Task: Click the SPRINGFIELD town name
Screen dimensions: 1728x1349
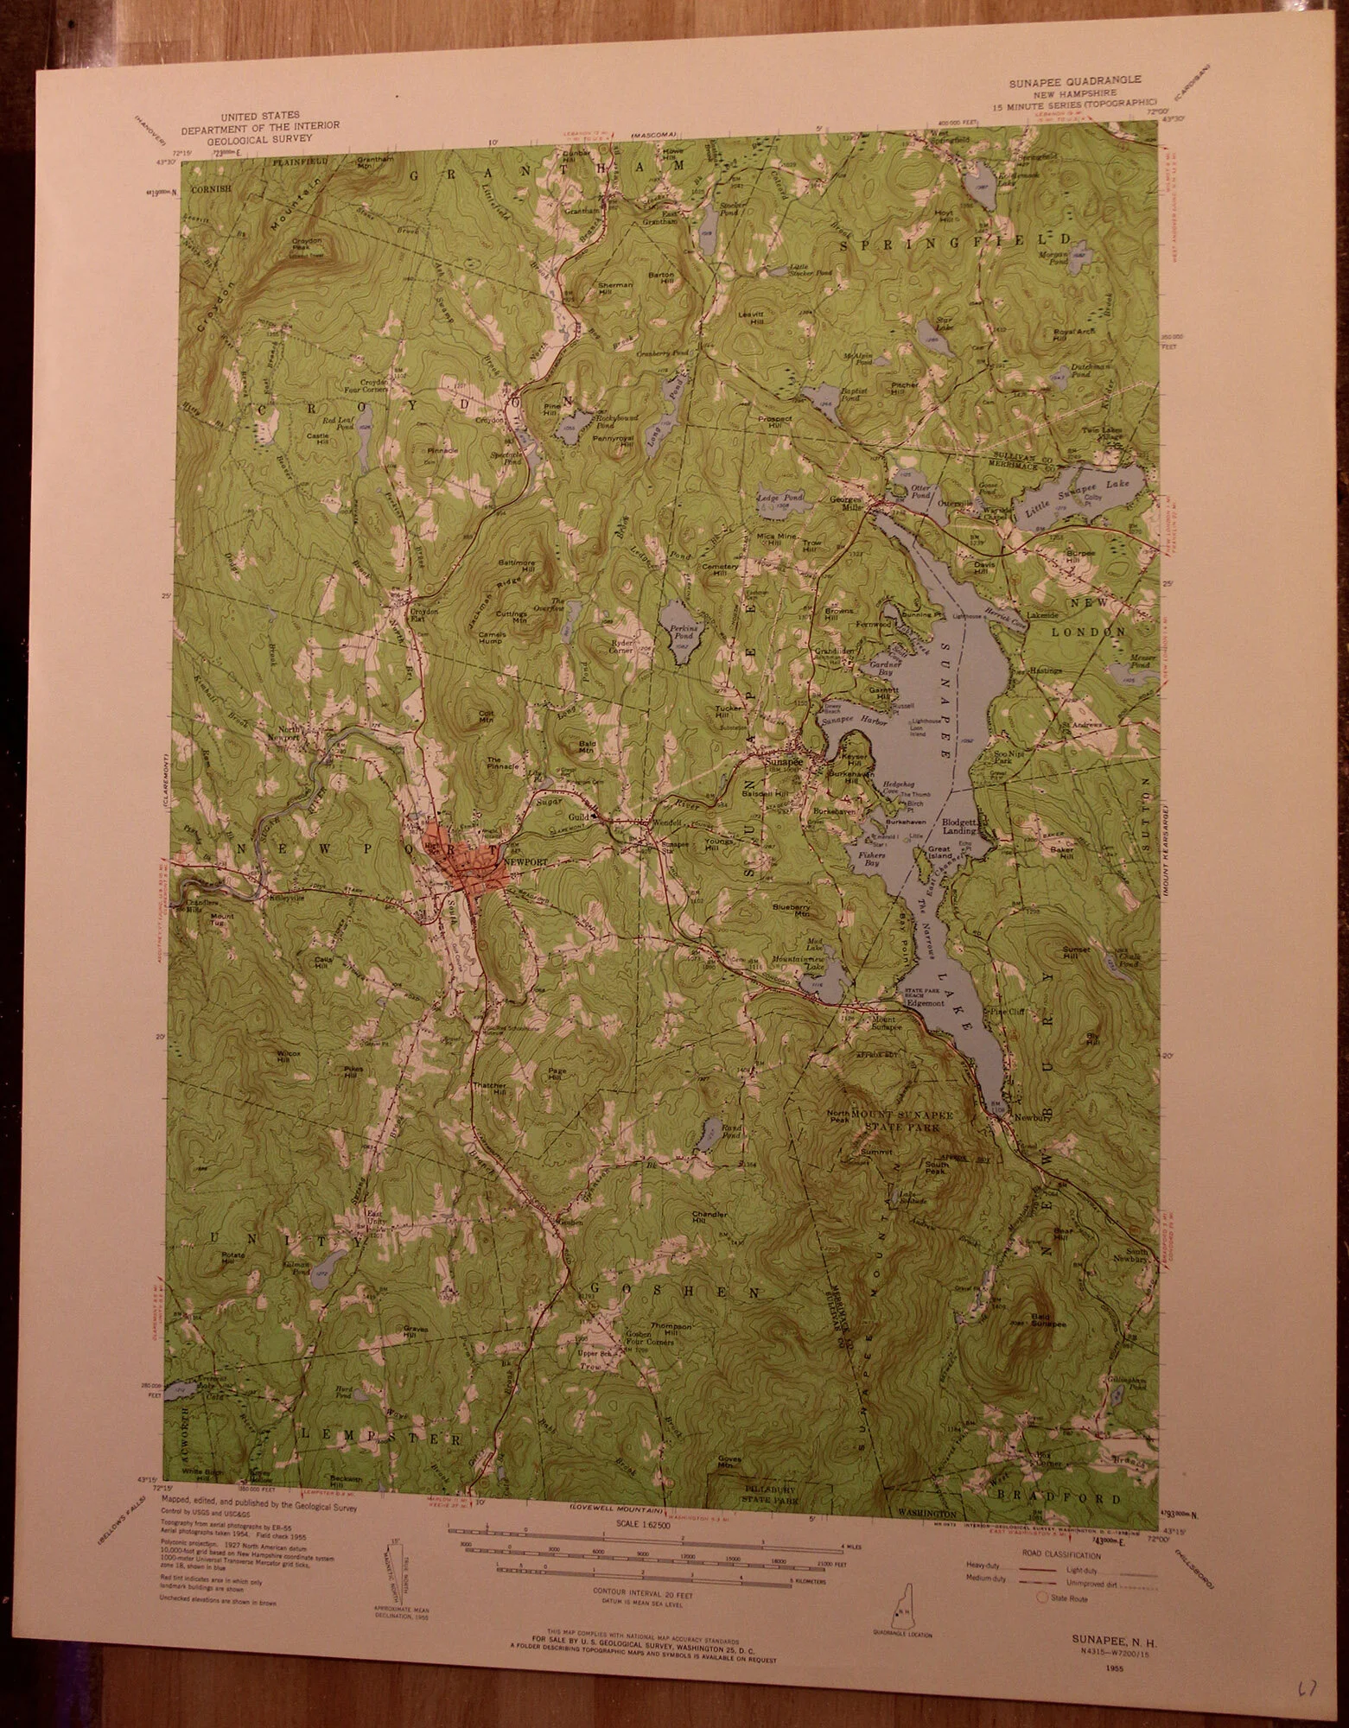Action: (x=958, y=238)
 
